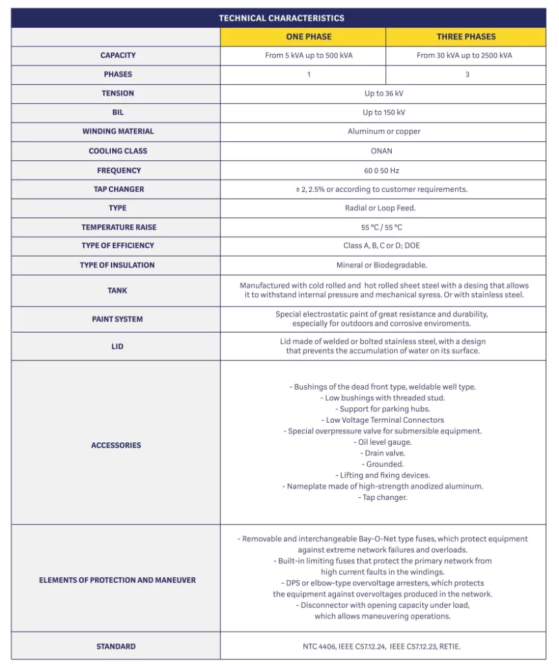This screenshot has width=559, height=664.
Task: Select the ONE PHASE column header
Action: pos(309,37)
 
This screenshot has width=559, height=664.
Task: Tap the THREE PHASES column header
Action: pos(466,37)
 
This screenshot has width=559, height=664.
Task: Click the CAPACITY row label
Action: pos(117,56)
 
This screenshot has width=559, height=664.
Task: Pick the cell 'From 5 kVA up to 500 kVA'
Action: pos(309,56)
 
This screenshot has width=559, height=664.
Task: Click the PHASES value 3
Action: pos(467,75)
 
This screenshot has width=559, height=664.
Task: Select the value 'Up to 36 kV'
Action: pos(384,93)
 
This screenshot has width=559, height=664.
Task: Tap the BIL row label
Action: pos(117,113)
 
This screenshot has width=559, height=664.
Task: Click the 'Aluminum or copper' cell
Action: pos(384,132)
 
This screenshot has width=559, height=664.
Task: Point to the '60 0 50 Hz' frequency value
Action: pos(384,171)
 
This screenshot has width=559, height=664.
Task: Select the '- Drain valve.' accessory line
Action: pos(383,453)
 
